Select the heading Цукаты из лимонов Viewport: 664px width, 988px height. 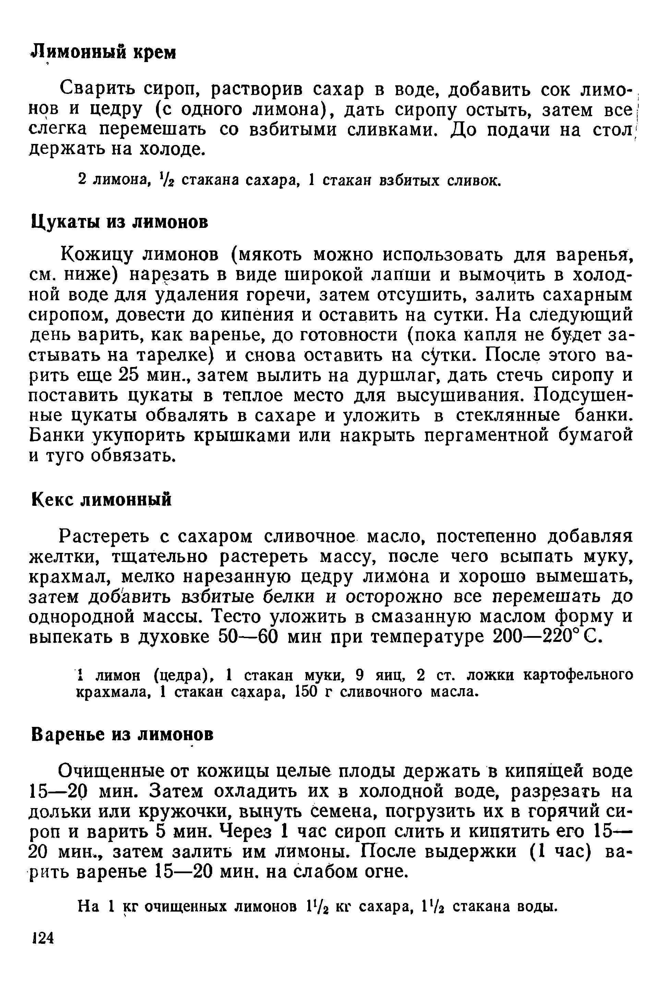(120, 221)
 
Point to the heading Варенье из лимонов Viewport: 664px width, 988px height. (122, 734)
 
